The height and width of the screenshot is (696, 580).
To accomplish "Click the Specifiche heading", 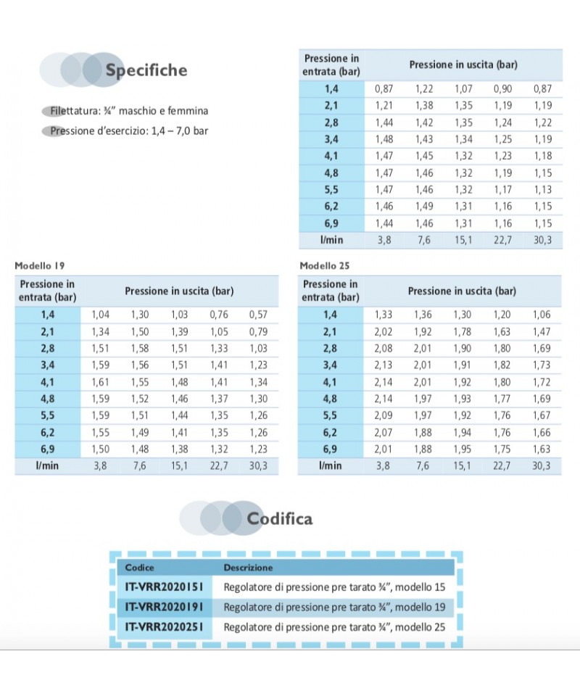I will tap(146, 70).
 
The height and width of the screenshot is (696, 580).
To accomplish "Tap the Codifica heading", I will tap(280, 518).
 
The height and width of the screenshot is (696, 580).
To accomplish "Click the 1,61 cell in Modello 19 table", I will tap(101, 382).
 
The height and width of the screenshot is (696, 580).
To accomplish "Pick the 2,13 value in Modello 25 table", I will tap(384, 365).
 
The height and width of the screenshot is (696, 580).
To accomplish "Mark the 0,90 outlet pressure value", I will tap(502, 89).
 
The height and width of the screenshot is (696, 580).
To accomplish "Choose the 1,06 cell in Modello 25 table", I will tap(541, 315).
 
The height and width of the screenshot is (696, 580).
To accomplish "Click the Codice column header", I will tap(139, 568).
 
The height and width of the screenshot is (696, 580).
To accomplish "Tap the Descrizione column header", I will tap(248, 568).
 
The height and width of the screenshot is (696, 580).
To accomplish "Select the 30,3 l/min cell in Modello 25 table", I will tap(541, 465).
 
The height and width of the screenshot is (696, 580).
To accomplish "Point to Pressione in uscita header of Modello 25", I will tap(462, 291).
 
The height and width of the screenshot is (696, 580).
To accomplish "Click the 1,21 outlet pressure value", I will tap(384, 106).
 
